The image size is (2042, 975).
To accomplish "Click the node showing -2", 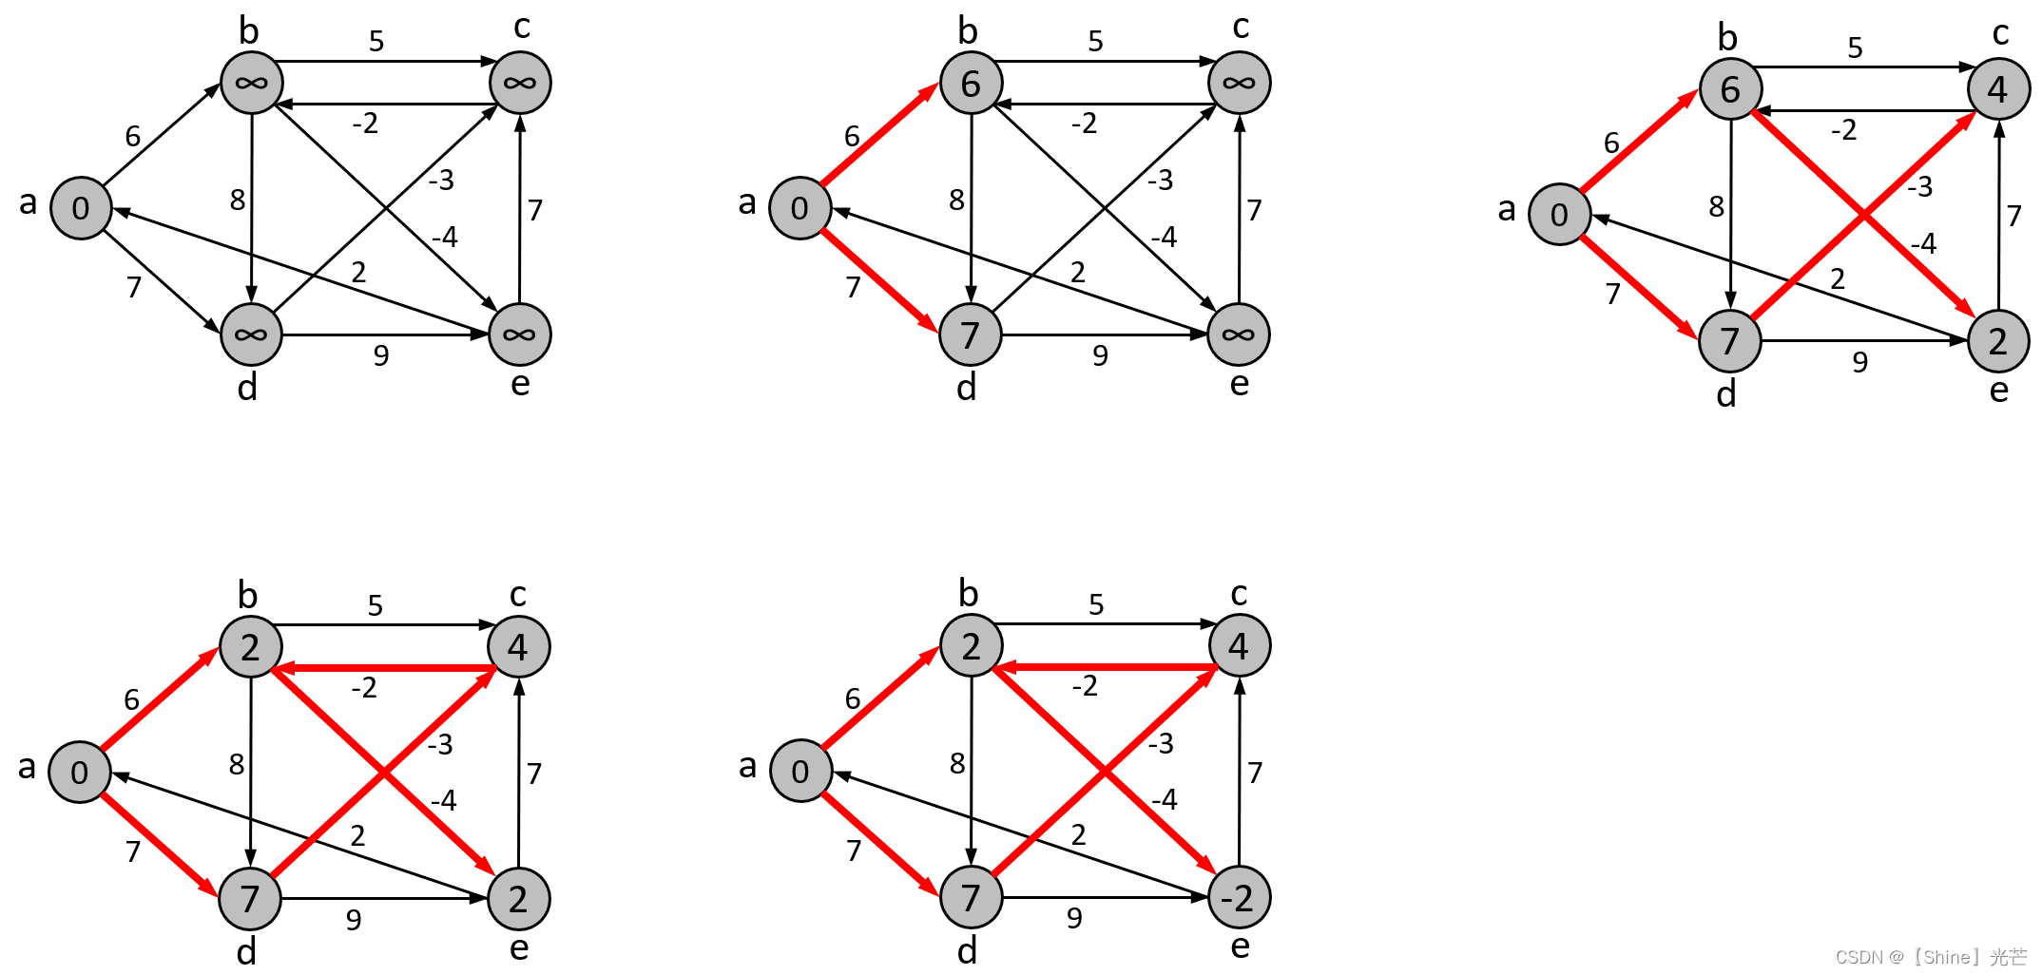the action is pos(1239,897).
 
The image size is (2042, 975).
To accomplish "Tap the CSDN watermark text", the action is pos(1930,957).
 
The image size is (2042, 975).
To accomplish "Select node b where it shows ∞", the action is pos(251,83).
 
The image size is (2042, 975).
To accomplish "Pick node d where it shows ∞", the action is pos(251,335).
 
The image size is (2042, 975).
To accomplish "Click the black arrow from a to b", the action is pos(162,135).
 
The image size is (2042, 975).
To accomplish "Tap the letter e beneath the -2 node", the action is pos(1240,946).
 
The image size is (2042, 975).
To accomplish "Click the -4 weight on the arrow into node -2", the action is pos(1164,799).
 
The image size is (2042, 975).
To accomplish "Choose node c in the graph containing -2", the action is pos(1239,645).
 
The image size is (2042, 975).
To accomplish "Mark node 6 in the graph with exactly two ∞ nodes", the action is pos(971,83).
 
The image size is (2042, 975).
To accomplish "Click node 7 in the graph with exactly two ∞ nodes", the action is pos(970,335).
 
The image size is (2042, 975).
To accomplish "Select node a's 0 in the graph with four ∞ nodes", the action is pos(81,208).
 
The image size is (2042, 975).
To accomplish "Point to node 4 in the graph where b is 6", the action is pos(1998,89).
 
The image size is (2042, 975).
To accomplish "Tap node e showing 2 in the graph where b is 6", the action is pos(1998,340).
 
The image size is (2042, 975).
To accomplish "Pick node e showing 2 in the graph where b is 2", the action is pos(518,898).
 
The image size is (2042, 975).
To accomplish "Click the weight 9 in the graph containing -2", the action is pos(1074,918).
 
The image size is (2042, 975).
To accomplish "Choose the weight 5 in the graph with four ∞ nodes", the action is pos(376,41).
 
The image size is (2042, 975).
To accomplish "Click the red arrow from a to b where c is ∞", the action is pos(879,135).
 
